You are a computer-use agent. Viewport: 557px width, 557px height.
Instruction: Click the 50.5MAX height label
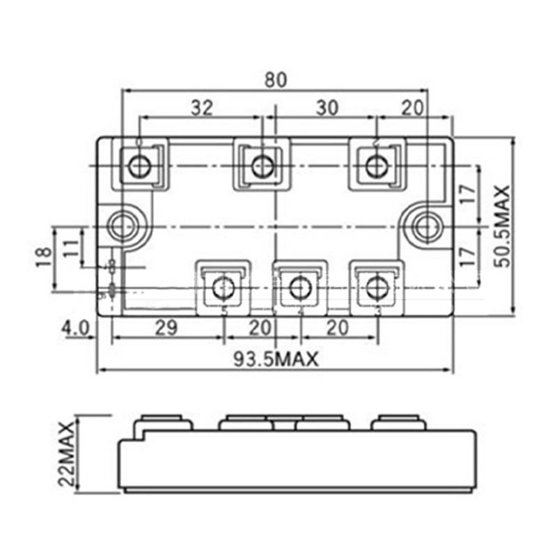501,226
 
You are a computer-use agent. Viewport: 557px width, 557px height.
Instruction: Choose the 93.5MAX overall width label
275,360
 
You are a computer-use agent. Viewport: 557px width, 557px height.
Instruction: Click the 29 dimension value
166,328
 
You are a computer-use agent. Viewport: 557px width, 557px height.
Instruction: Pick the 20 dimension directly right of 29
260,328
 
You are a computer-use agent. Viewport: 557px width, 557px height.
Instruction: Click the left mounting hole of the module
124,226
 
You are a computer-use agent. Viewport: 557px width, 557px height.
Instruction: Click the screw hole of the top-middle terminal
262,166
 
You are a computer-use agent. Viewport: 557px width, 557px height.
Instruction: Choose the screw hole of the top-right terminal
377,166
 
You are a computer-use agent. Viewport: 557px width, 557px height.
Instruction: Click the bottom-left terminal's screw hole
223,287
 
